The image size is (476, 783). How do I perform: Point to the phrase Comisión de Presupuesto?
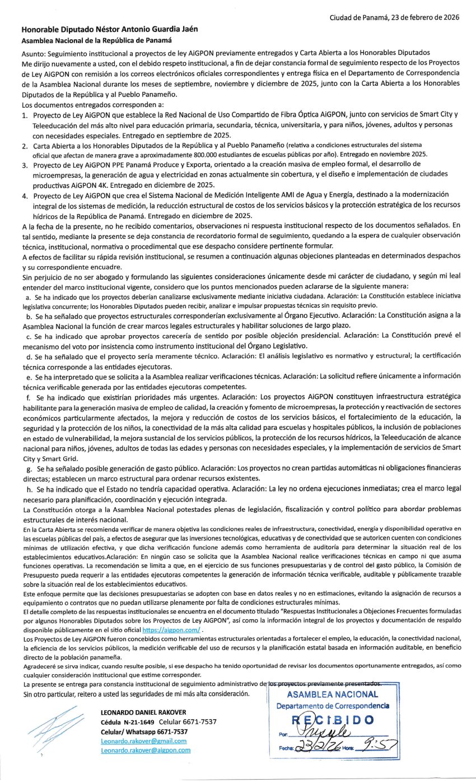pos(413,568)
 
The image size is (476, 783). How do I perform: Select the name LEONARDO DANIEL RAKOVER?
pos(143,712)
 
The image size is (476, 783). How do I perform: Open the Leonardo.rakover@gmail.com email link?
pos(144,741)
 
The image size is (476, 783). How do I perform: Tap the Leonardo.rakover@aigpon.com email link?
pos(146,750)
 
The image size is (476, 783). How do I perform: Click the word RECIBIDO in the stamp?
pos(333,720)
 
